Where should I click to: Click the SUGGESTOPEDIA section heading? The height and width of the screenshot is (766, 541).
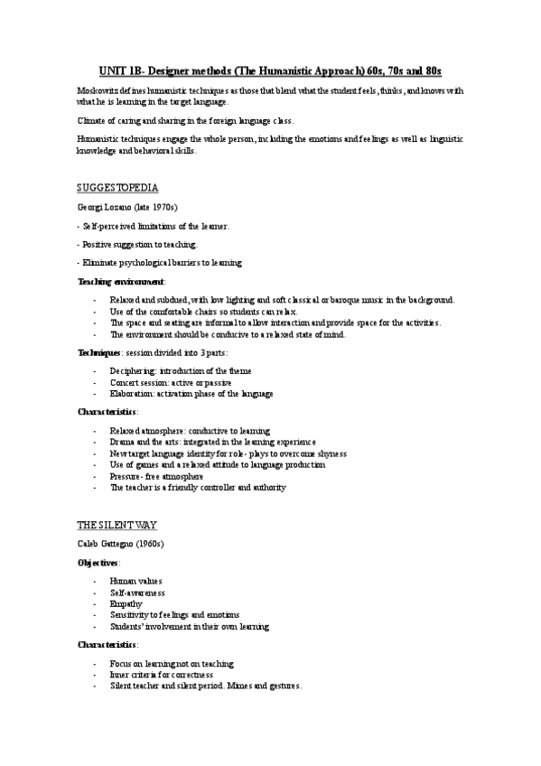click(x=117, y=188)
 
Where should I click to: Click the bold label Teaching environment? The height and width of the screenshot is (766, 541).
click(x=120, y=282)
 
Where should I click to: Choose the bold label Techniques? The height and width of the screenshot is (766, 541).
click(x=98, y=351)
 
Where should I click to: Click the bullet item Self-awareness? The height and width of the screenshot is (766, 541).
click(x=137, y=593)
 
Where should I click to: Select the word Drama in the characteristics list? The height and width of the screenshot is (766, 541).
click(x=121, y=442)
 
